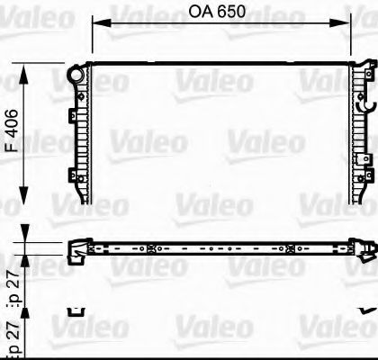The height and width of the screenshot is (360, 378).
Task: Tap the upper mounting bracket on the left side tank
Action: click(x=71, y=115)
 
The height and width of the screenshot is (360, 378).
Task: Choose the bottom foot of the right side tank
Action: click(x=358, y=200)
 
